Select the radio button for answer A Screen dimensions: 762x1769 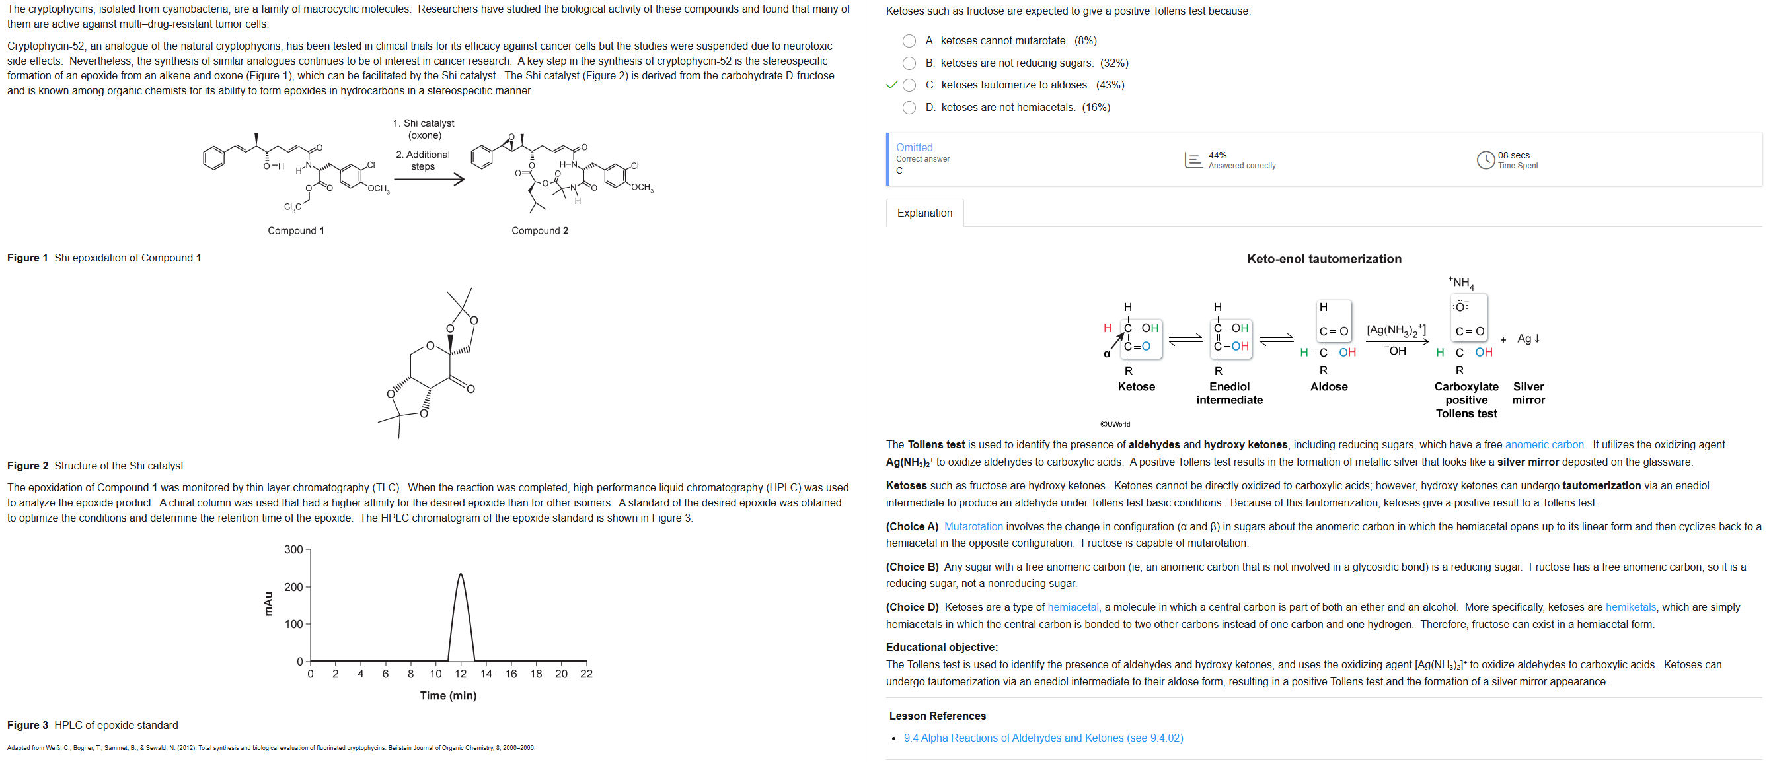pos(909,41)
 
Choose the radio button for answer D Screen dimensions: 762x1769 pos(909,108)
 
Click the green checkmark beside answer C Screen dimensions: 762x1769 pos(892,85)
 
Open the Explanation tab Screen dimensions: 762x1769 pos(924,213)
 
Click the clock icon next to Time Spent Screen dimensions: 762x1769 pos(1486,160)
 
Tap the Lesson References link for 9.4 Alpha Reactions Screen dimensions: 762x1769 pos(1043,738)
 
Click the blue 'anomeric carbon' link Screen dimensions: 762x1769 pos(1544,445)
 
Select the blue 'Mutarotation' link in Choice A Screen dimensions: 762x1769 pos(973,526)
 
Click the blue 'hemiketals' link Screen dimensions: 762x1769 pos(1630,607)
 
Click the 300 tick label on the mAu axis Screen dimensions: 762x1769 pos(293,550)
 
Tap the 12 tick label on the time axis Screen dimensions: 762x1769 pos(461,674)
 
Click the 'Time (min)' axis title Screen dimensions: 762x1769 pos(449,696)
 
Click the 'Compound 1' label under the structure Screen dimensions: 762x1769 pos(296,231)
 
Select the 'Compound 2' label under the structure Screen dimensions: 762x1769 pos(540,231)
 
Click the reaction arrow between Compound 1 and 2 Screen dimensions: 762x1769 pos(430,180)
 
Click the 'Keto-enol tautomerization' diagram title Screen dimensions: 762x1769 pos(1324,260)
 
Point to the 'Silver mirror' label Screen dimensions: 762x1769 pos(1528,394)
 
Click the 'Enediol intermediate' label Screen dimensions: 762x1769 pos(1229,394)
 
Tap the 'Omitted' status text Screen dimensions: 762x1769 pos(914,148)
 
